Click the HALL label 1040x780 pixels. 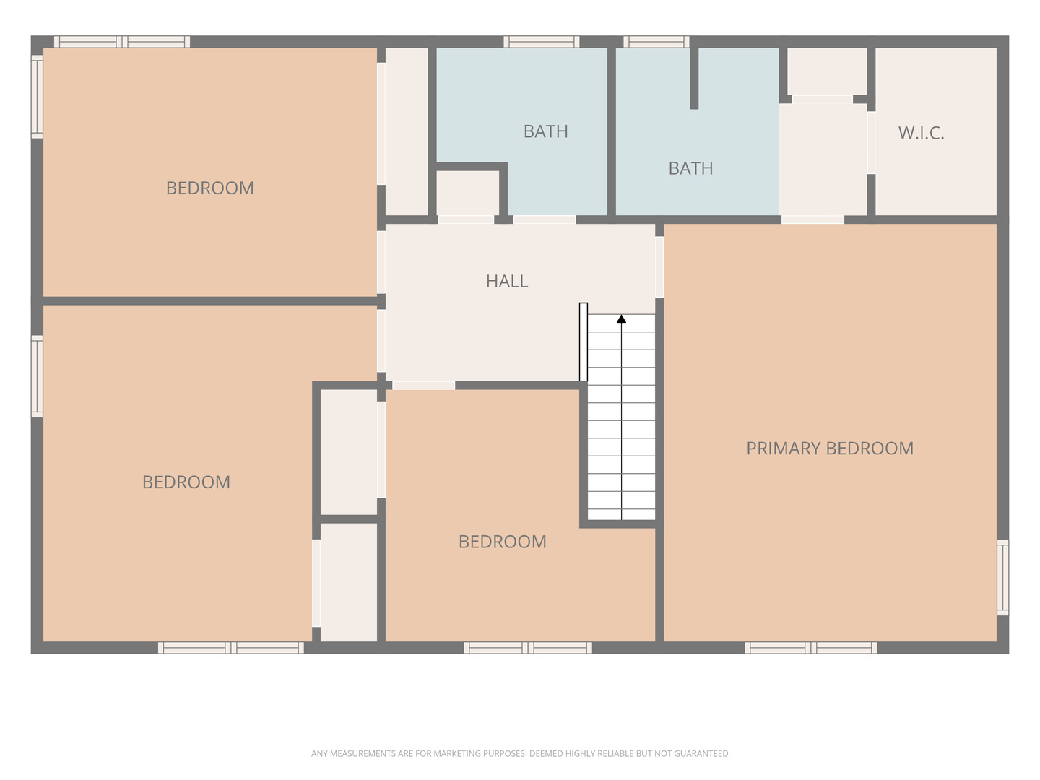pyautogui.click(x=506, y=282)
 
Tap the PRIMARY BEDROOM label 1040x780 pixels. pyautogui.click(x=830, y=448)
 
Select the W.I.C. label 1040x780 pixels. pyautogui.click(x=921, y=133)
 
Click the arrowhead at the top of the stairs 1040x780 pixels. pyautogui.click(x=621, y=318)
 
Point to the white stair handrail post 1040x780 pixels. pyautogui.click(x=584, y=342)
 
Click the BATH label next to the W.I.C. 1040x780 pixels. pyautogui.click(x=691, y=168)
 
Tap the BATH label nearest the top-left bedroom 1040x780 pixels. pyautogui.click(x=545, y=131)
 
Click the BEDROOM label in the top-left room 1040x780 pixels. pyautogui.click(x=210, y=188)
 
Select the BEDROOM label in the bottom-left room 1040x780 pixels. pyautogui.click(x=186, y=482)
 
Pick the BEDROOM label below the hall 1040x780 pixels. pyautogui.click(x=502, y=542)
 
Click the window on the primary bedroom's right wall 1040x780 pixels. pyautogui.click(x=1002, y=577)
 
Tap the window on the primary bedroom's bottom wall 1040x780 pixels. pyautogui.click(x=810, y=647)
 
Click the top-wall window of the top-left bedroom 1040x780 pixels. pyautogui.click(x=122, y=42)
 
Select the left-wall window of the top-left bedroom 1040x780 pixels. pyautogui.click(x=37, y=97)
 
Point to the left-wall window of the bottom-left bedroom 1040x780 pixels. pyautogui.click(x=37, y=376)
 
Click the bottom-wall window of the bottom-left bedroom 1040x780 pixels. pyautogui.click(x=230, y=647)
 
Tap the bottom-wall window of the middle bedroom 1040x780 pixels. pyautogui.click(x=528, y=647)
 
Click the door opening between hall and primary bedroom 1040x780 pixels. pyautogui.click(x=659, y=267)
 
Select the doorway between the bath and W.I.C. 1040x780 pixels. pyautogui.click(x=871, y=142)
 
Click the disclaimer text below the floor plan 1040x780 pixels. pyautogui.click(x=520, y=753)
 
